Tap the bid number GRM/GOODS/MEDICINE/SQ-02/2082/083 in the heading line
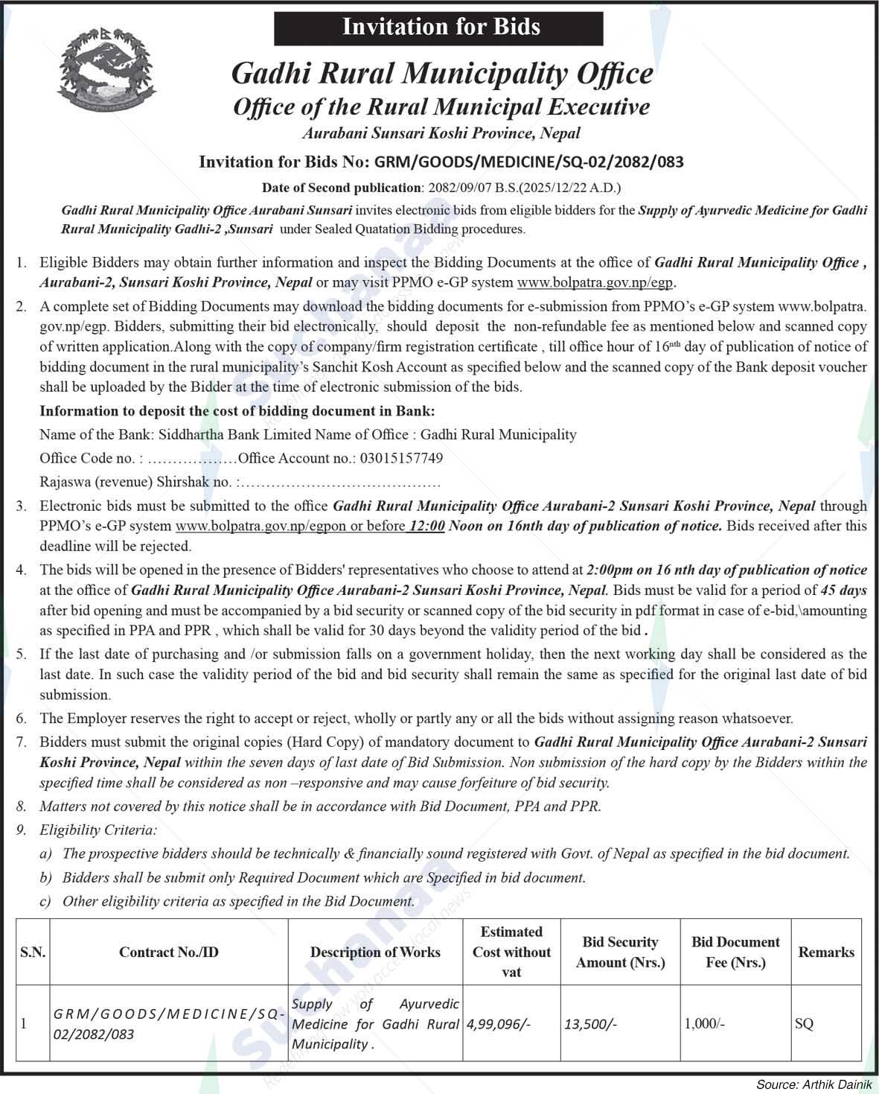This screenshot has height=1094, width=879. tap(528, 162)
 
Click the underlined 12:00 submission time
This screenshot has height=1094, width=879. tap(426, 526)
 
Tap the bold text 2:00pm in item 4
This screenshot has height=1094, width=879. tap(608, 570)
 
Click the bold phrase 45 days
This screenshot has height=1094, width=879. tap(843, 591)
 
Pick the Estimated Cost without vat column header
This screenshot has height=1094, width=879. tap(511, 952)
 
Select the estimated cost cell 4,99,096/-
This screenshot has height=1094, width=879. tap(498, 1024)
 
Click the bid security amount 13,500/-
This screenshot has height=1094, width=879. tap(590, 1024)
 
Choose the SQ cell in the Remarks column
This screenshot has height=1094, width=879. tap(804, 1024)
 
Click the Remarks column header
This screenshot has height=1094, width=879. tap(826, 952)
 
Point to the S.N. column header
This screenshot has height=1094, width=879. tap(33, 952)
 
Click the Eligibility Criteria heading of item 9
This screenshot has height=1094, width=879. tap(98, 830)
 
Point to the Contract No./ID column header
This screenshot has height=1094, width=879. tap(169, 952)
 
